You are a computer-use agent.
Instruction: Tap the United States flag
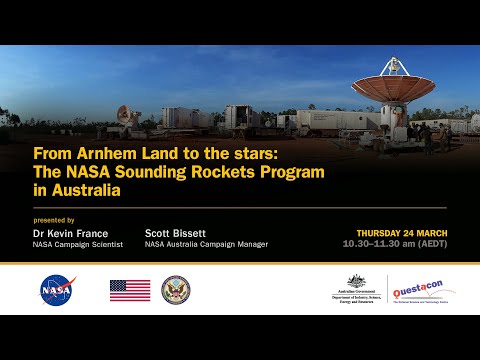click(x=130, y=290)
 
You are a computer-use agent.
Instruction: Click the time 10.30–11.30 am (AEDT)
click(x=394, y=244)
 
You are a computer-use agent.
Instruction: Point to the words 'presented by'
click(x=54, y=219)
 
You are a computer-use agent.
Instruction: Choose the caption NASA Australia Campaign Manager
click(x=206, y=244)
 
